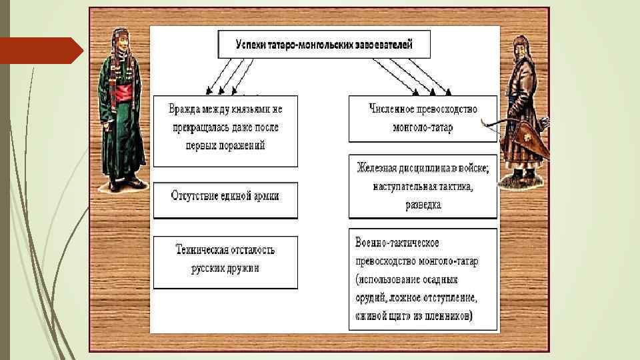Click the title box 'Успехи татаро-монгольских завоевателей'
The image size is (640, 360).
pyautogui.click(x=324, y=45)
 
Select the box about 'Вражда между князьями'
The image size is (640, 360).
pyautogui.click(x=225, y=131)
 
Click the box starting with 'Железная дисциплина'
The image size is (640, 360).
pyautogui.click(x=423, y=187)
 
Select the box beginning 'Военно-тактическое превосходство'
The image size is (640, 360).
pyautogui.click(x=423, y=279)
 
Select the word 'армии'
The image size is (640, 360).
pyautogui.click(x=263, y=196)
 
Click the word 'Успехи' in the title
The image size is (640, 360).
pyautogui.click(x=251, y=45)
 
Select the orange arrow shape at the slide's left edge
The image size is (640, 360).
pyautogui.click(x=40, y=51)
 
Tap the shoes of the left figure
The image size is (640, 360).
pyautogui.click(x=124, y=184)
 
